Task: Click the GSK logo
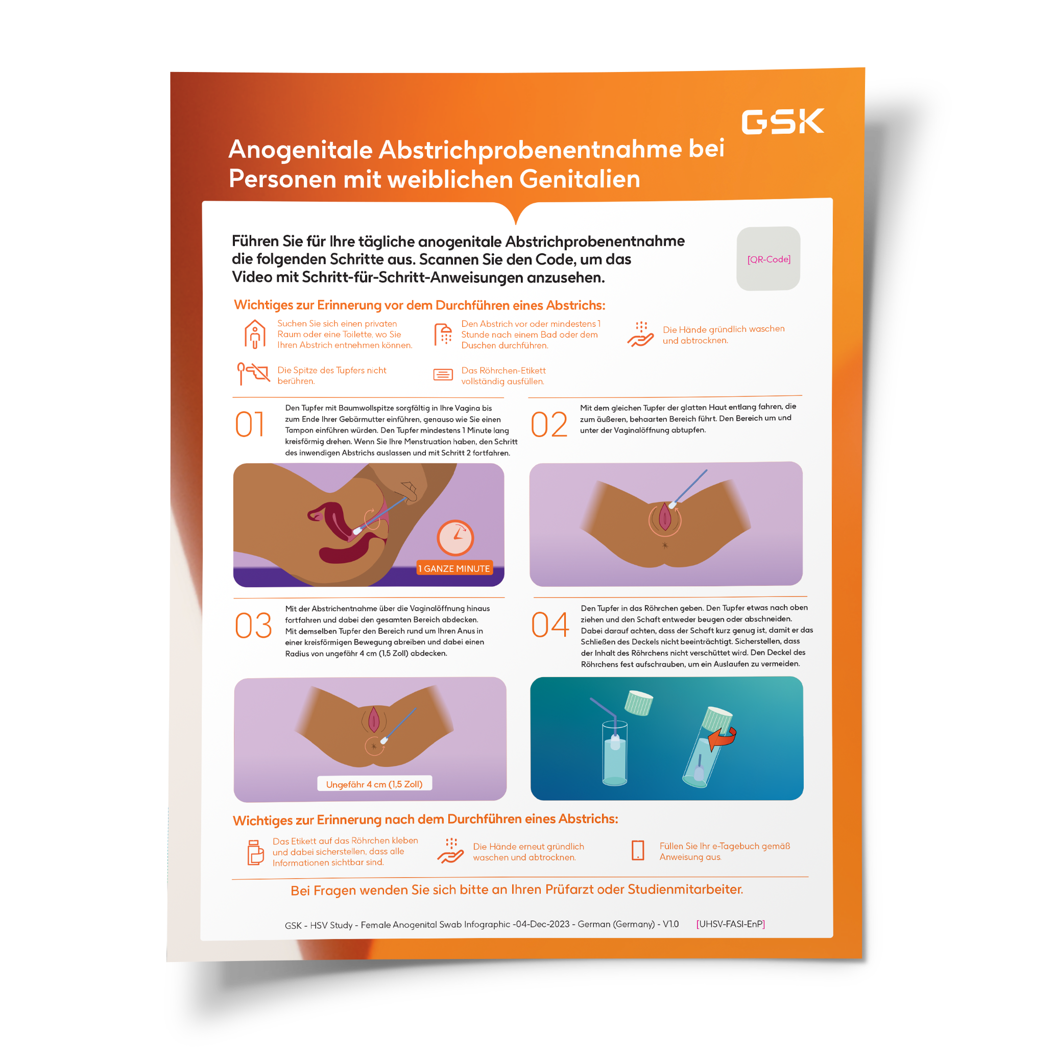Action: coord(783,121)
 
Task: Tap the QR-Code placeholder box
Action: coord(769,258)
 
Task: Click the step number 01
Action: coord(250,425)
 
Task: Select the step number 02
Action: coord(549,425)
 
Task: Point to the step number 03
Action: coord(254,626)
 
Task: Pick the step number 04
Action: coord(550,625)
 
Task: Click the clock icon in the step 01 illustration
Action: coord(455,538)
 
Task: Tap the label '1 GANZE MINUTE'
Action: coord(454,568)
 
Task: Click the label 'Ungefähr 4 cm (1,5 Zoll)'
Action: coord(374,784)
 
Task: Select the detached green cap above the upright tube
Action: coord(639,703)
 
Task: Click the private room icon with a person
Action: coord(255,334)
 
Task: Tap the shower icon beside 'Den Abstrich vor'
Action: coord(443,334)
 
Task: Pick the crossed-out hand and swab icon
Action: coord(253,373)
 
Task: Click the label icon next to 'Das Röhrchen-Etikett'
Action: coord(443,374)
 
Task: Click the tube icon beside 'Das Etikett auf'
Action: coord(255,852)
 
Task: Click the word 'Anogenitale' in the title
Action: coord(301,150)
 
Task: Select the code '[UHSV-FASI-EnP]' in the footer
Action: coord(730,924)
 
